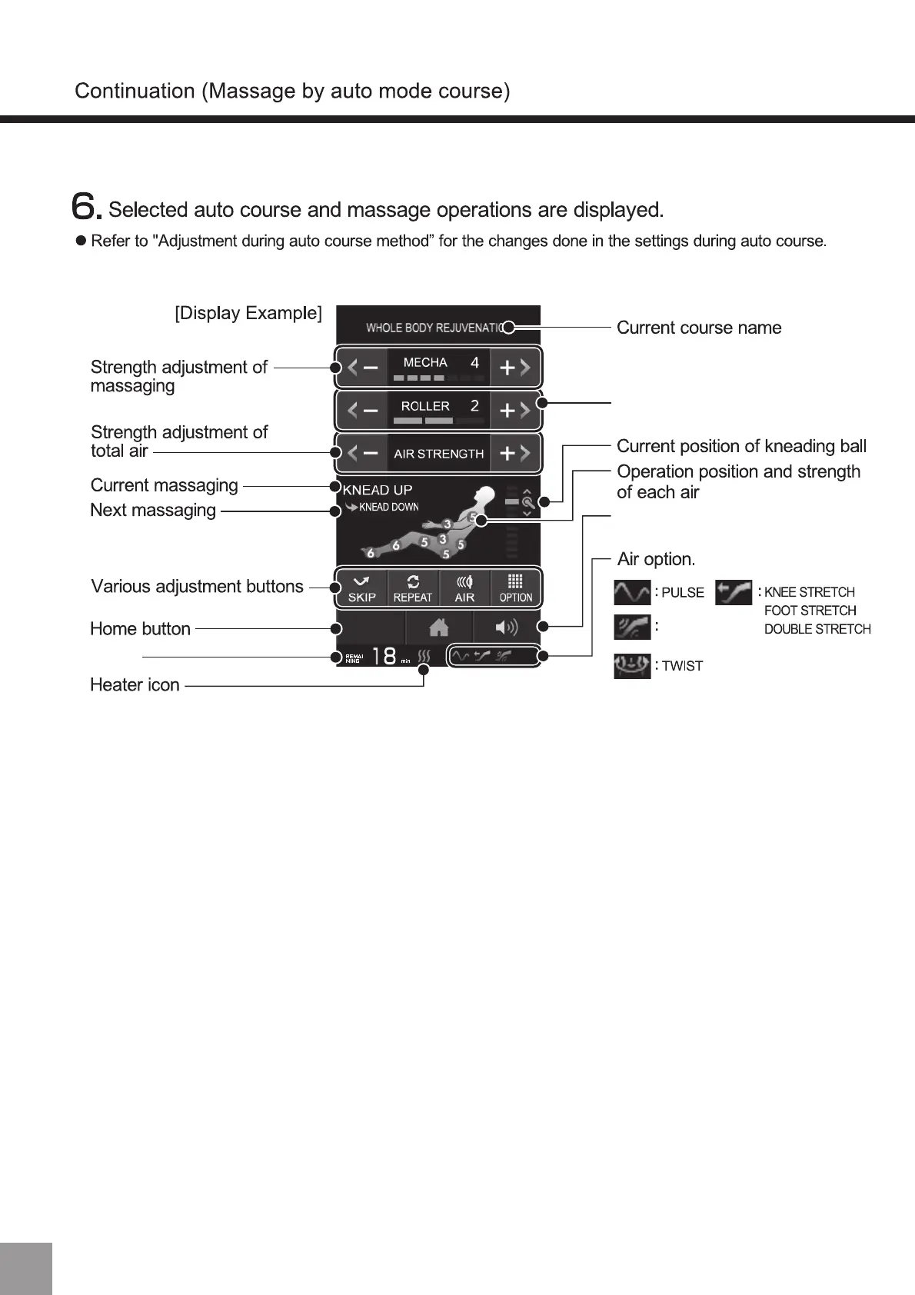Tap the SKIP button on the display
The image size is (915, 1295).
361,588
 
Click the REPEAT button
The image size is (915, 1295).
413,588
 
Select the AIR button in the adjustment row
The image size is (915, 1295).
464,588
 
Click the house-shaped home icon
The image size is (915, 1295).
439,628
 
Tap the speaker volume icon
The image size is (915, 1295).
506,628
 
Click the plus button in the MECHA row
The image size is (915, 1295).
514,368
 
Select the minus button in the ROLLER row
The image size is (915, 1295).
363,411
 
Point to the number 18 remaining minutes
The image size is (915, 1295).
384,656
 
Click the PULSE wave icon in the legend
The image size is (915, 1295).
632,593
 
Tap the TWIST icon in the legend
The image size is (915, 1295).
632,665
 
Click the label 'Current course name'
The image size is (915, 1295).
698,328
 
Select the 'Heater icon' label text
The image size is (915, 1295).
135,684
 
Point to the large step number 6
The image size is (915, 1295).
85,206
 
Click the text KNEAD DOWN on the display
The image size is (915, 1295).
388,508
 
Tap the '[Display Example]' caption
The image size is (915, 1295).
248,313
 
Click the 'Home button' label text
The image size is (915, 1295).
140,628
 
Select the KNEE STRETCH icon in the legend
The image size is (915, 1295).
733,593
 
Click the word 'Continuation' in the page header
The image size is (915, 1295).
135,91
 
